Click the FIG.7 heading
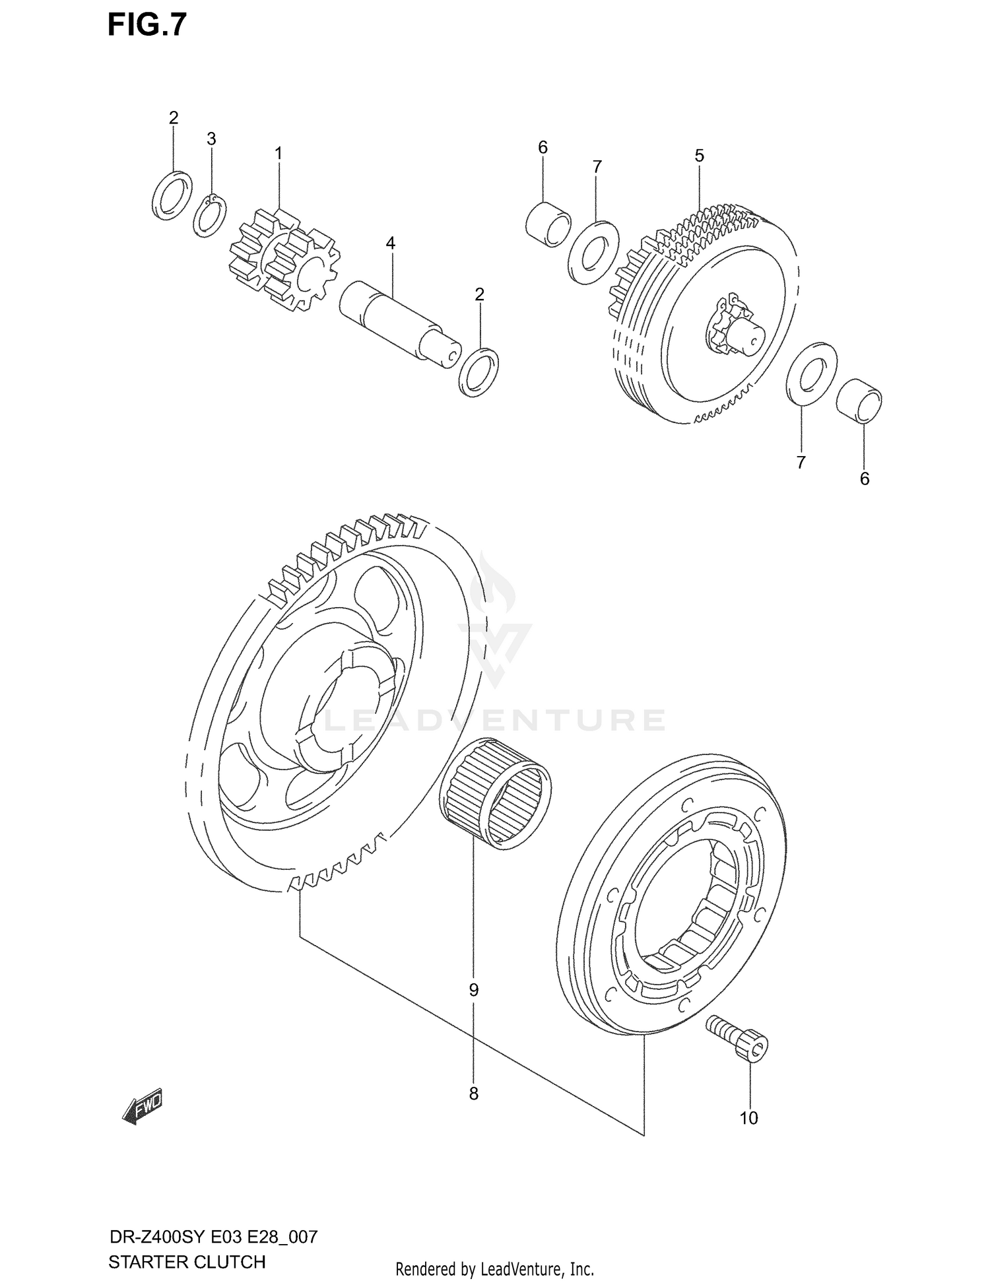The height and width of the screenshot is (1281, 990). pos(147,25)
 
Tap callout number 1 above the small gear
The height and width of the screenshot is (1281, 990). pos(279,153)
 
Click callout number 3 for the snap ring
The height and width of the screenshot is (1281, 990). pos(211,139)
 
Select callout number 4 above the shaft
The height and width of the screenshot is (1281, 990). pos(390,244)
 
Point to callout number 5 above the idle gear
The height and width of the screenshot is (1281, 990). pos(699,156)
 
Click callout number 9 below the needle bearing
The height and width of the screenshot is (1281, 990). pos(473,990)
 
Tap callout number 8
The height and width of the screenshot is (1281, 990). pos(473,1094)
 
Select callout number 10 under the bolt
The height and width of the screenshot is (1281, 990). pos(749,1118)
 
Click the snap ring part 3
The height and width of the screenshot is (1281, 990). pos(210,215)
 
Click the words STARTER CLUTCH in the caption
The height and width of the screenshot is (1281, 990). pos(187,1262)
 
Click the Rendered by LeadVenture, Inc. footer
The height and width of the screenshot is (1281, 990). pos(494,1268)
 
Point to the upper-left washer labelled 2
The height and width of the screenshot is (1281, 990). pos(172,195)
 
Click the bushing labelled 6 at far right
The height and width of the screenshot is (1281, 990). pos(859,400)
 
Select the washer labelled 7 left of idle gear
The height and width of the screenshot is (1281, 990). pos(592,252)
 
